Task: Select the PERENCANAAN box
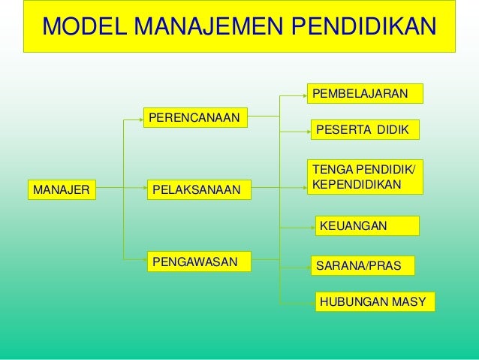(x=197, y=118)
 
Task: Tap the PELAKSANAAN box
(x=198, y=191)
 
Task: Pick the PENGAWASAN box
(x=198, y=262)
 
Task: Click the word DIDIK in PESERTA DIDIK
(x=393, y=129)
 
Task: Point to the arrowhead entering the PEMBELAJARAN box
(x=305, y=94)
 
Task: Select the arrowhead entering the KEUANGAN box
(x=309, y=225)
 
